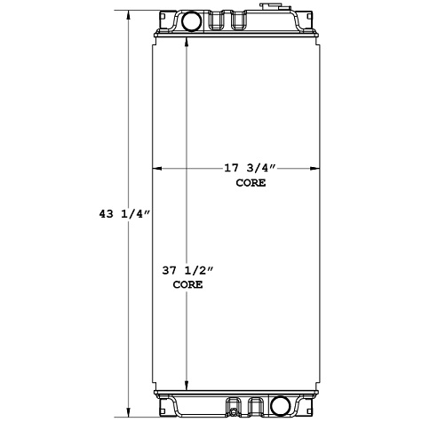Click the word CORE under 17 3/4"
[251, 182]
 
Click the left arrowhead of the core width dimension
[158, 168]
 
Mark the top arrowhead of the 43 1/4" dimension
[131, 14]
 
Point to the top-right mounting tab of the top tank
[312, 15]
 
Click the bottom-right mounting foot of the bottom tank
[311, 410]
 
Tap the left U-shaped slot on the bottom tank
[234, 406]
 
